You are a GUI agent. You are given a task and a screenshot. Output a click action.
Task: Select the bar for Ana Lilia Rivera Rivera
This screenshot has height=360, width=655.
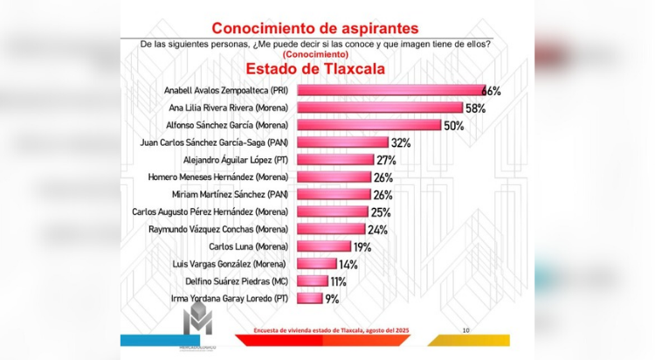click(x=380, y=107)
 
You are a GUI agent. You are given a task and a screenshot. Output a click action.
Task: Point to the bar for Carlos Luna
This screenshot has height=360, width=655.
click(x=324, y=246)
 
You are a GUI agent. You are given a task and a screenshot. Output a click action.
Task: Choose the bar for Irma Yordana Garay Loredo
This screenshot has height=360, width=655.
click(x=310, y=298)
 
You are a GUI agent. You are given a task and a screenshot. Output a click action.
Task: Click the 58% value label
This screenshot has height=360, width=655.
click(x=475, y=107)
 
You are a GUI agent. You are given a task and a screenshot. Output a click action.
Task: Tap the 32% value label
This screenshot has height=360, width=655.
click(x=401, y=142)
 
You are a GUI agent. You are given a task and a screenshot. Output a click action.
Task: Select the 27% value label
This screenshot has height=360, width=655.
click(x=387, y=160)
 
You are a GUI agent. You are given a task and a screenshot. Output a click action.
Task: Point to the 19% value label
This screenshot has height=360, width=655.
click(x=362, y=246)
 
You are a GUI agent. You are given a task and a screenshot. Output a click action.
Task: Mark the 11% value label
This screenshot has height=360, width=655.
click(x=340, y=280)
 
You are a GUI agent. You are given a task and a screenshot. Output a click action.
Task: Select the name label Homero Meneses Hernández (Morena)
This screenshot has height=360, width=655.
click(x=220, y=177)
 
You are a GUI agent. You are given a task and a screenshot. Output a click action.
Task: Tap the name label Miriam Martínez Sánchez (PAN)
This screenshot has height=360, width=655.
click(x=230, y=194)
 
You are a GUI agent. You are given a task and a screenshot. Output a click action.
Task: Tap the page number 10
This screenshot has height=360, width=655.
click(x=465, y=329)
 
